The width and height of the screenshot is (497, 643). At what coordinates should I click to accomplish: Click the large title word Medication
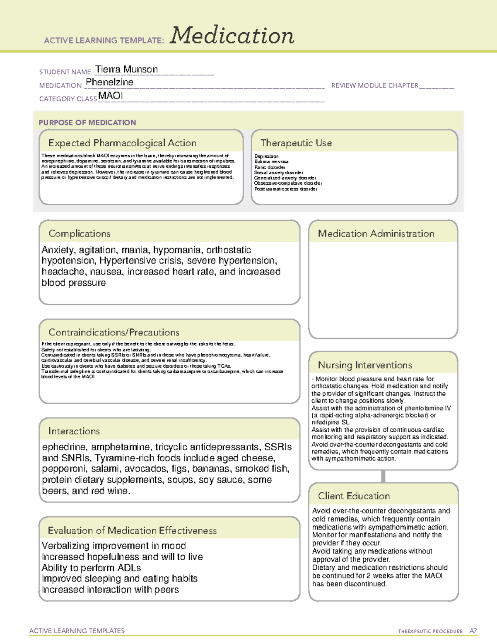tap(232, 36)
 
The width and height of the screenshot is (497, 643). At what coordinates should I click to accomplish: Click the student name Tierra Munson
tap(126, 69)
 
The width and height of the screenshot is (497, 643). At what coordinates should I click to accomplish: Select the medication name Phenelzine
tap(109, 82)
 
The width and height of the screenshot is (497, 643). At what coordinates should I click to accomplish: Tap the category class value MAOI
tap(111, 96)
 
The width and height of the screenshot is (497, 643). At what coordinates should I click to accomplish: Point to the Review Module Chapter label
tap(375, 85)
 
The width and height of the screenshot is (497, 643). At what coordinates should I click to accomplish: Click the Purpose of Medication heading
tap(87, 123)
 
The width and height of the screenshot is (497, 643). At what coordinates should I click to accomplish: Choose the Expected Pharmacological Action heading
tap(122, 143)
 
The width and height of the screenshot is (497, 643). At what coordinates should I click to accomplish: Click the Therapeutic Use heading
tap(296, 143)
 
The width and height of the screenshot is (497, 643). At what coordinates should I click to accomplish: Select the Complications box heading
tap(80, 234)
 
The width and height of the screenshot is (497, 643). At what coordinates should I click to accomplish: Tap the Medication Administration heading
tap(376, 234)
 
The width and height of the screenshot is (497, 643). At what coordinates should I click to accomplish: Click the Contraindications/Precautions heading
tap(114, 332)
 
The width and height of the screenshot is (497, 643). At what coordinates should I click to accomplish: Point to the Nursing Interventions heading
tap(365, 365)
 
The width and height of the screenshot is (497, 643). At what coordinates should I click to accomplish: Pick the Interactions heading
tap(74, 431)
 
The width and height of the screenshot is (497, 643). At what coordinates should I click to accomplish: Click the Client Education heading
tap(354, 496)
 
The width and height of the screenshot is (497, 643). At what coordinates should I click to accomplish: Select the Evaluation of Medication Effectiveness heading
tap(132, 530)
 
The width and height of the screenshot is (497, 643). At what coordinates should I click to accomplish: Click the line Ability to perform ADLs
tap(91, 568)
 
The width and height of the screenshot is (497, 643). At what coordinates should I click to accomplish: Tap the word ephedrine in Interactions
tap(65, 447)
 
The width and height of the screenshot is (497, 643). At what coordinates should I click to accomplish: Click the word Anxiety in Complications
tap(58, 250)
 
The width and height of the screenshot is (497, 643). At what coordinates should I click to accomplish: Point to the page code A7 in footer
tap(473, 631)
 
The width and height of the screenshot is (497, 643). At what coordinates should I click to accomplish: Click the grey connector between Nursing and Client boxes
tap(383, 476)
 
